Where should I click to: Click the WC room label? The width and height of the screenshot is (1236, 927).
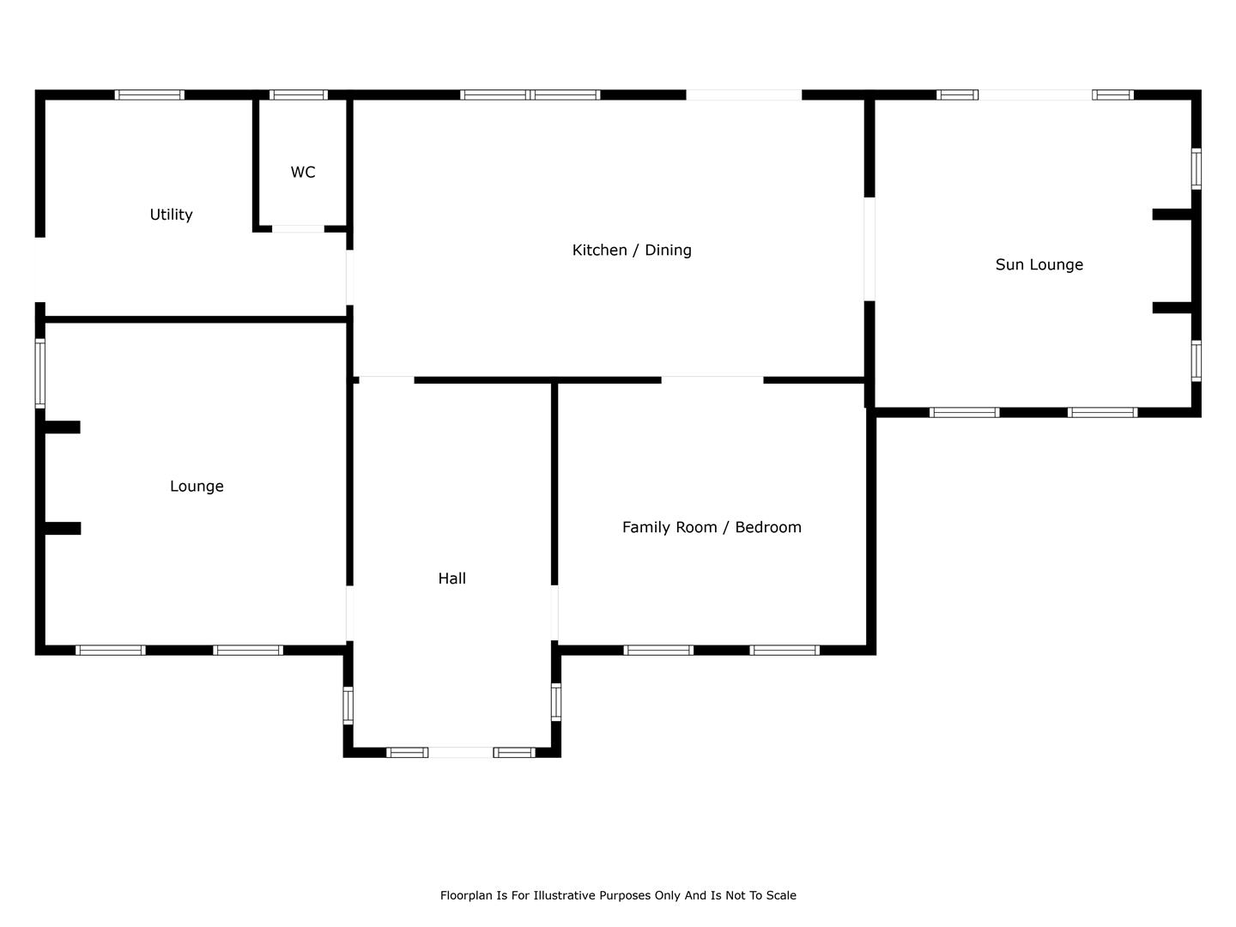(303, 173)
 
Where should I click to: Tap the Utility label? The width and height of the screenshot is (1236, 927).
(171, 215)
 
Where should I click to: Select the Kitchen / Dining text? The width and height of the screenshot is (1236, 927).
(632, 250)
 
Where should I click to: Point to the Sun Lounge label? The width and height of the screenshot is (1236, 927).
(1039, 264)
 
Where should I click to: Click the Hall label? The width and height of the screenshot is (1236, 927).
(451, 579)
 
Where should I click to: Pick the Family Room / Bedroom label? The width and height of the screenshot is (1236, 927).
(712, 527)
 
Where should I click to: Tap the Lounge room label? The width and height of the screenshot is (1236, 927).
(197, 486)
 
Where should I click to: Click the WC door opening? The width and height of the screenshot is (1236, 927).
(298, 229)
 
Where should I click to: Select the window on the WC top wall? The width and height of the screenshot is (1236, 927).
(298, 94)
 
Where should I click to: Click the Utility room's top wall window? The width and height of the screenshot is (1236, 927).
(149, 94)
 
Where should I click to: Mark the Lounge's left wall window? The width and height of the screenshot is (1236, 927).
(39, 373)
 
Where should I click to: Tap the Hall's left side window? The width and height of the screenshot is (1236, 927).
(348, 706)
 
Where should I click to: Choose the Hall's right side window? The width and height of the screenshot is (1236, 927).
(556, 701)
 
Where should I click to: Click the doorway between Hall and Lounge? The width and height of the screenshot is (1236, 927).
(349, 613)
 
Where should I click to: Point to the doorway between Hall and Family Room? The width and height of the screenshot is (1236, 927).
(554, 613)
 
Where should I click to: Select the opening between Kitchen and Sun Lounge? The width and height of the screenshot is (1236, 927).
(869, 249)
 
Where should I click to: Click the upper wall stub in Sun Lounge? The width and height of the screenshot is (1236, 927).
(1172, 215)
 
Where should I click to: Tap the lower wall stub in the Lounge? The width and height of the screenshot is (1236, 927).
(62, 529)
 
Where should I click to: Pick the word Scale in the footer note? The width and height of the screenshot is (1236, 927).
(780, 895)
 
